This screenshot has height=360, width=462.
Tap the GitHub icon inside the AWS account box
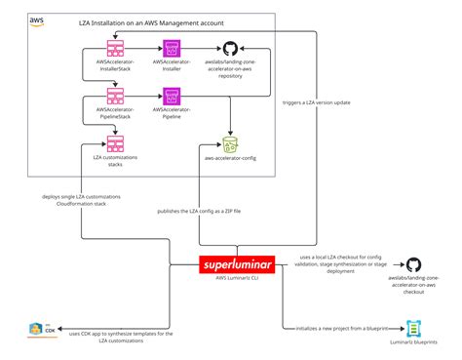pyautogui.click(x=231, y=48)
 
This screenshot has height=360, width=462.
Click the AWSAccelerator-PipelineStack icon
pyautogui.click(x=115, y=96)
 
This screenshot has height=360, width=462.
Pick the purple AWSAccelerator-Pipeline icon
pyautogui.click(x=172, y=96)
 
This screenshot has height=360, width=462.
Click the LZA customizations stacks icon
pyautogui.click(x=115, y=142)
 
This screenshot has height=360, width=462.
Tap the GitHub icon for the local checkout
pyautogui.click(x=413, y=265)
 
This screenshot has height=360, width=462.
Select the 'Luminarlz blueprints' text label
pyautogui.click(x=413, y=344)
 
